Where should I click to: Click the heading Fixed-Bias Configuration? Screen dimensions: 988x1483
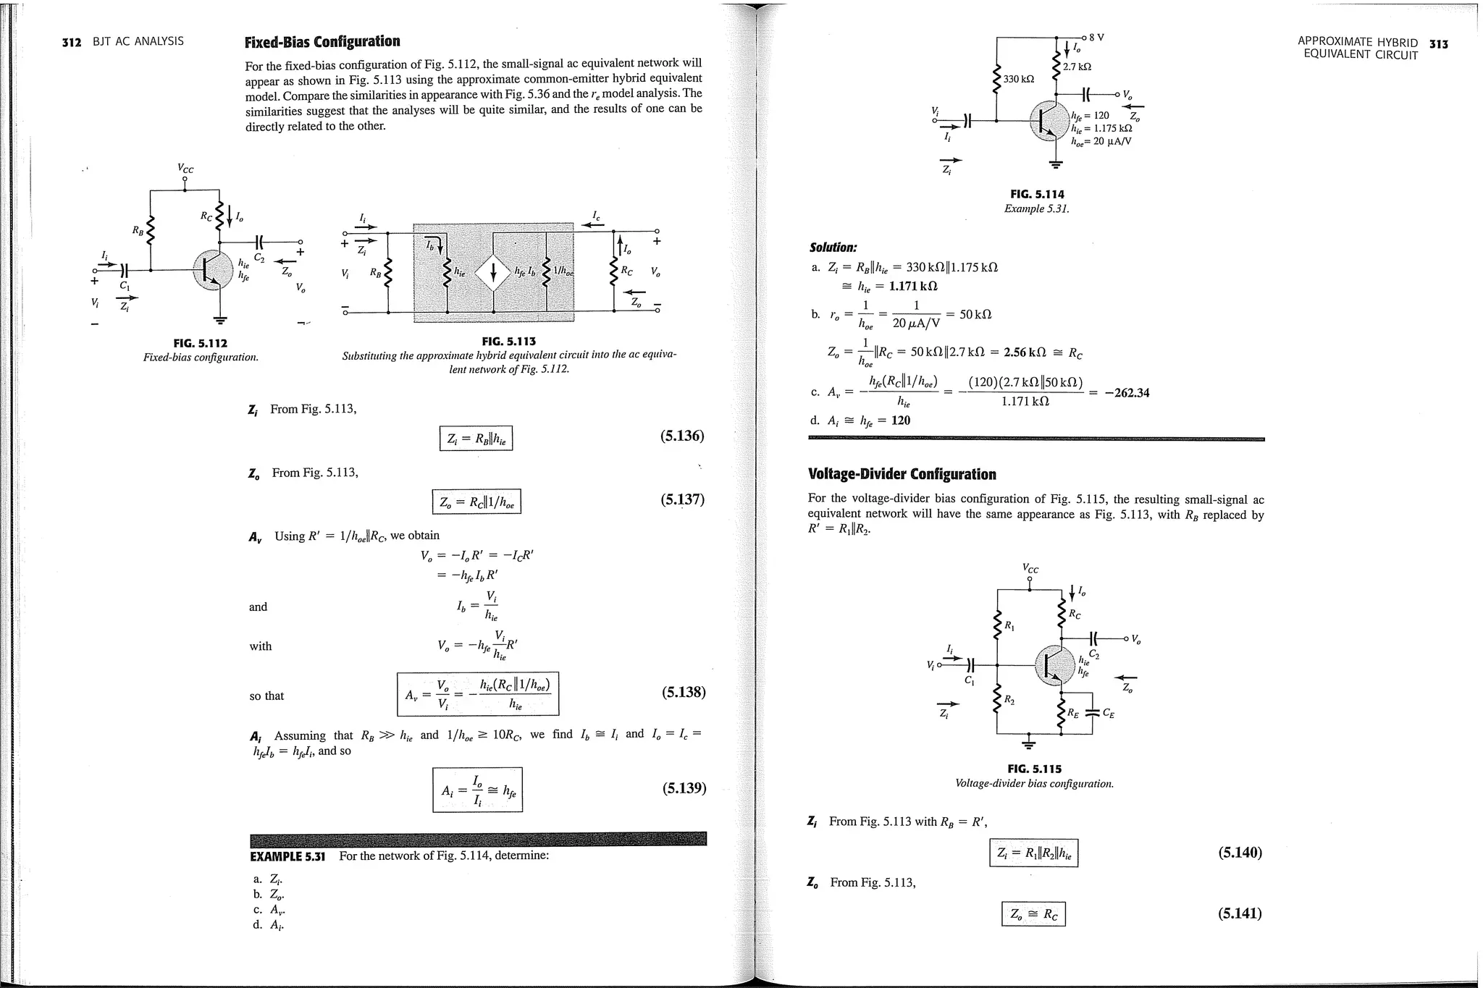pyautogui.click(x=322, y=42)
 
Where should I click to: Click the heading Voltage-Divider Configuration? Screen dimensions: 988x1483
pyautogui.click(x=902, y=475)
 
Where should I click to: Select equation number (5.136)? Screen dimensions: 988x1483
pyautogui.click(x=682, y=436)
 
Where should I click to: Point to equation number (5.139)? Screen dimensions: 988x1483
pyautogui.click(x=684, y=788)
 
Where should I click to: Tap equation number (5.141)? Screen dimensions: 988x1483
pyautogui.click(x=1240, y=913)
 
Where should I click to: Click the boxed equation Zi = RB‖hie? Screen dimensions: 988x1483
pyautogui.click(x=476, y=439)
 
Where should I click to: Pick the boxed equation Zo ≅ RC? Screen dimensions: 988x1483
pyautogui.click(x=1033, y=915)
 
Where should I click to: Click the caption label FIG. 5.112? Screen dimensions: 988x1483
pyautogui.click(x=200, y=343)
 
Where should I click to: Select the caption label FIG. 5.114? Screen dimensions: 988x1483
pyautogui.click(x=1037, y=194)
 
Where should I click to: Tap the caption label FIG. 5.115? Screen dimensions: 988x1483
pyautogui.click(x=1034, y=769)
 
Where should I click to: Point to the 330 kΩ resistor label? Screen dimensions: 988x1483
pyautogui.click(x=1019, y=78)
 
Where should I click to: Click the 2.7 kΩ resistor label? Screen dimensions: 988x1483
pyautogui.click(x=1077, y=67)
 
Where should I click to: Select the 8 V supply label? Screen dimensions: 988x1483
pyautogui.click(x=1096, y=38)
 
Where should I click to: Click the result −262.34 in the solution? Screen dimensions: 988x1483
pyautogui.click(x=1127, y=393)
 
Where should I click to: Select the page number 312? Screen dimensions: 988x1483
pyautogui.click(x=72, y=42)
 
